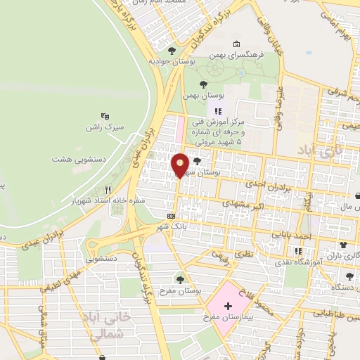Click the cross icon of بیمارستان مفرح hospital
click(x=227, y=305)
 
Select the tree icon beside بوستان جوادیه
click(x=172, y=51)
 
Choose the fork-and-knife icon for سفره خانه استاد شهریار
click(x=108, y=190)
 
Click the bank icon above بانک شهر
click(x=171, y=216)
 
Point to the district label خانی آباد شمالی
click(x=112, y=326)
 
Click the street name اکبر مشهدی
click(x=243, y=205)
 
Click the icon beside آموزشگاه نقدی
click(x=298, y=251)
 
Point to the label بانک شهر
click(x=172, y=227)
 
